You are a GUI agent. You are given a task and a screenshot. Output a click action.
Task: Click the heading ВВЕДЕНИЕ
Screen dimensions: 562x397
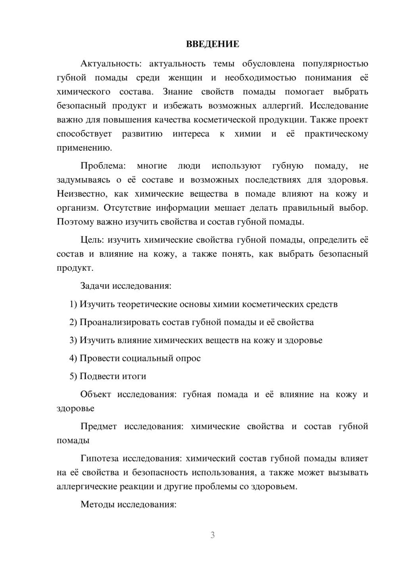tap(212, 44)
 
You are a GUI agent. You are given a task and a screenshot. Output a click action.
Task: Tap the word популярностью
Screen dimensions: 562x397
tap(335, 64)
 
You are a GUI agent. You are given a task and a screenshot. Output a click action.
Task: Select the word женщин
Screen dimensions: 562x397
tap(185, 78)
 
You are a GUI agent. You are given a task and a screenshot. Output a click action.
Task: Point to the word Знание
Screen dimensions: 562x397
tap(177, 92)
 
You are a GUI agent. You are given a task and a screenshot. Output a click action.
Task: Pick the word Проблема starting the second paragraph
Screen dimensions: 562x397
tap(103, 166)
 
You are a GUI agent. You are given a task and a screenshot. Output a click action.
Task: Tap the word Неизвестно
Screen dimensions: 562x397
tap(81, 194)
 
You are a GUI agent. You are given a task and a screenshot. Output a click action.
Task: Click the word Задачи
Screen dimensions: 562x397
tap(95, 286)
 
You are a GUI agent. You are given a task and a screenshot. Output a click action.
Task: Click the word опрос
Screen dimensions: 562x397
tap(189, 358)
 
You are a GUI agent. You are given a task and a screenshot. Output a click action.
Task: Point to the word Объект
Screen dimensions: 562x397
tap(96, 394)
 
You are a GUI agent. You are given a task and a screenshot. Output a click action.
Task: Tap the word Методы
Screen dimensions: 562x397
tap(95, 504)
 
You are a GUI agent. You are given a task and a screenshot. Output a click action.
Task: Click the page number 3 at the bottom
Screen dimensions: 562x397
tap(212, 535)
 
